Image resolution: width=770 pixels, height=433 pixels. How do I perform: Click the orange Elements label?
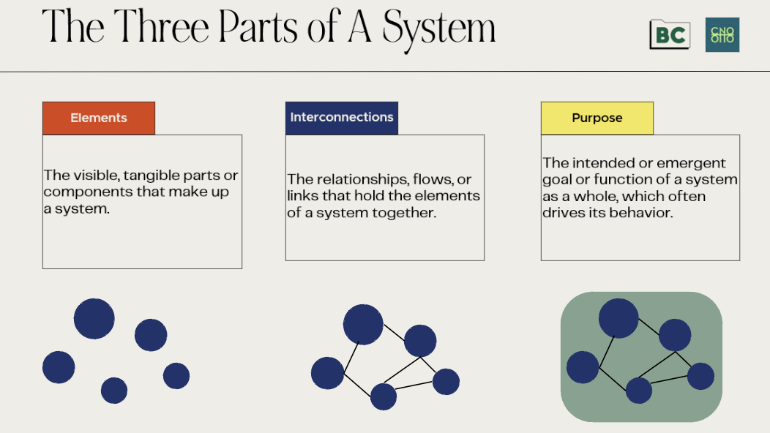(x=99, y=118)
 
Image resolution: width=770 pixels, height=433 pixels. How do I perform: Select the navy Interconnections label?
(x=341, y=117)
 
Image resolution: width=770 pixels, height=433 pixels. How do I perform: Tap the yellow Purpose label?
(x=597, y=118)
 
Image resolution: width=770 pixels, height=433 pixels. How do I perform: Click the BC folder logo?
(x=669, y=34)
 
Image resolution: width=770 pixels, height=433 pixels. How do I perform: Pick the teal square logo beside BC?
(x=722, y=34)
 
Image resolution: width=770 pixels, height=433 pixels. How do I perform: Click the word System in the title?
(x=438, y=27)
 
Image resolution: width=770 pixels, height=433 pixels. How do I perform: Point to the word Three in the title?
(x=157, y=27)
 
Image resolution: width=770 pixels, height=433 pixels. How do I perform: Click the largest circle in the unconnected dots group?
(x=94, y=319)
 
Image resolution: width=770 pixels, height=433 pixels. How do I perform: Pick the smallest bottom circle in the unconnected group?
(x=114, y=391)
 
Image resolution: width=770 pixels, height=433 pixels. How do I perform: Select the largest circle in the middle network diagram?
(x=363, y=325)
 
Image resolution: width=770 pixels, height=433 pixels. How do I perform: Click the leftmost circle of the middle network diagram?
(x=327, y=373)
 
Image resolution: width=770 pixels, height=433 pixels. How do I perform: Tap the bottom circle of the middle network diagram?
(x=384, y=396)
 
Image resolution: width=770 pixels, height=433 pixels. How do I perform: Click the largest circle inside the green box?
(x=618, y=318)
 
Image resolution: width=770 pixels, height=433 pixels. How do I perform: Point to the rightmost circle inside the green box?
(x=700, y=376)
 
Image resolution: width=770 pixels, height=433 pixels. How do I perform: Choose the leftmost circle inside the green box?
(x=583, y=367)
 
